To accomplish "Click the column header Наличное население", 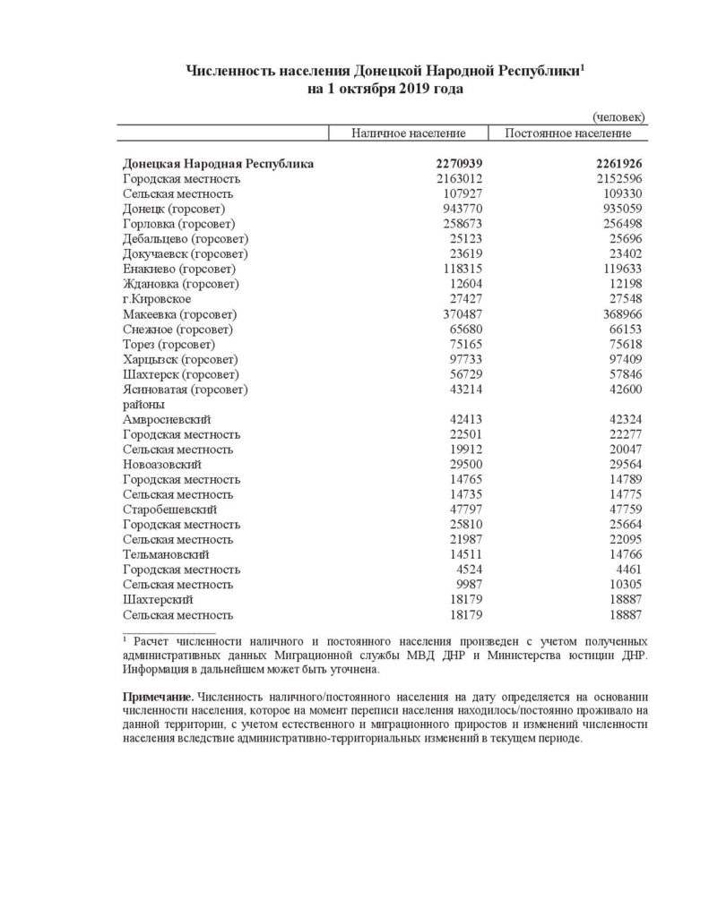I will [408, 133].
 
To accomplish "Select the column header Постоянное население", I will [567, 133].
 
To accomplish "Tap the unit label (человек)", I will [618, 117].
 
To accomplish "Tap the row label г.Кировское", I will [157, 299].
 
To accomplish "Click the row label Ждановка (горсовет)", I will [181, 284].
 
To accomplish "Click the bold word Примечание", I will [158, 696].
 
